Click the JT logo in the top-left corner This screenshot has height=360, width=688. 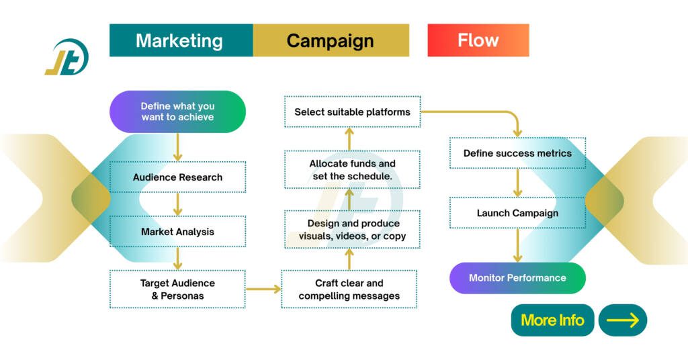pos(67,58)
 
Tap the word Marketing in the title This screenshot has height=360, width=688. pos(179,40)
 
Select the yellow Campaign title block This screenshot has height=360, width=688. pos(331,40)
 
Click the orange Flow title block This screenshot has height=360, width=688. pos(478,40)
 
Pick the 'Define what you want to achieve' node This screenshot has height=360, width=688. pos(177,111)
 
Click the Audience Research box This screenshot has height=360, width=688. pos(177,178)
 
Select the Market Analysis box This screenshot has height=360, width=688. pos(177,232)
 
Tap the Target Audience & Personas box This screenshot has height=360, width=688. pos(177,289)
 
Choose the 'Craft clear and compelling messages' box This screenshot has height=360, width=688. pos(349,289)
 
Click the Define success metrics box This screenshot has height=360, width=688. pos(517,153)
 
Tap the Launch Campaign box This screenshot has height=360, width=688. pos(517,213)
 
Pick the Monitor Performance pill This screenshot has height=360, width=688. pos(517,278)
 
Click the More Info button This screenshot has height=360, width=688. pos(552,320)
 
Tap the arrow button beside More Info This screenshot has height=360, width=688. pos(622,320)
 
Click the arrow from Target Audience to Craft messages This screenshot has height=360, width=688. pos(263,289)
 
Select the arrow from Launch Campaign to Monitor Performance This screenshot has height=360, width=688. pos(517,245)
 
